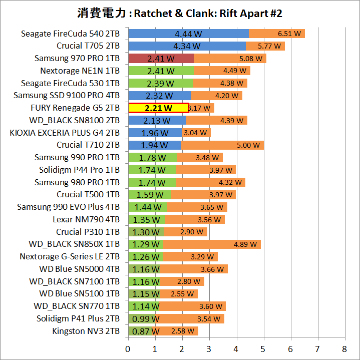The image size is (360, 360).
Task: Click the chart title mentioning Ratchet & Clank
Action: (180, 13)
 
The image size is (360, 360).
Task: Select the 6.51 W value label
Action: (289, 34)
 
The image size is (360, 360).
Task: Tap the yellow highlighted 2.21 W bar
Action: (158, 108)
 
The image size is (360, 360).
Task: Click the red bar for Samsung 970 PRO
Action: (161, 59)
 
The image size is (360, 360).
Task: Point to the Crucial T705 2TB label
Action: (88, 46)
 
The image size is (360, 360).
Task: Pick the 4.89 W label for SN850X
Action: (245, 245)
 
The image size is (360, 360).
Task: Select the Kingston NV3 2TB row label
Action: (86, 331)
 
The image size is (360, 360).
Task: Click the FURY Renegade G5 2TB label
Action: (75, 108)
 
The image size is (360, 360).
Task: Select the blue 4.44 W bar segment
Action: (188, 34)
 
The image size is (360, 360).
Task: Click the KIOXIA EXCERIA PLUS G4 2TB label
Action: (65, 133)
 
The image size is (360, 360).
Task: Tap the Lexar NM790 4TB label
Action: (86, 219)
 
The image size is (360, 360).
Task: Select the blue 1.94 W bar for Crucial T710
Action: (154, 145)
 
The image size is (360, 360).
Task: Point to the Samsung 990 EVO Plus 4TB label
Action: (68, 207)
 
